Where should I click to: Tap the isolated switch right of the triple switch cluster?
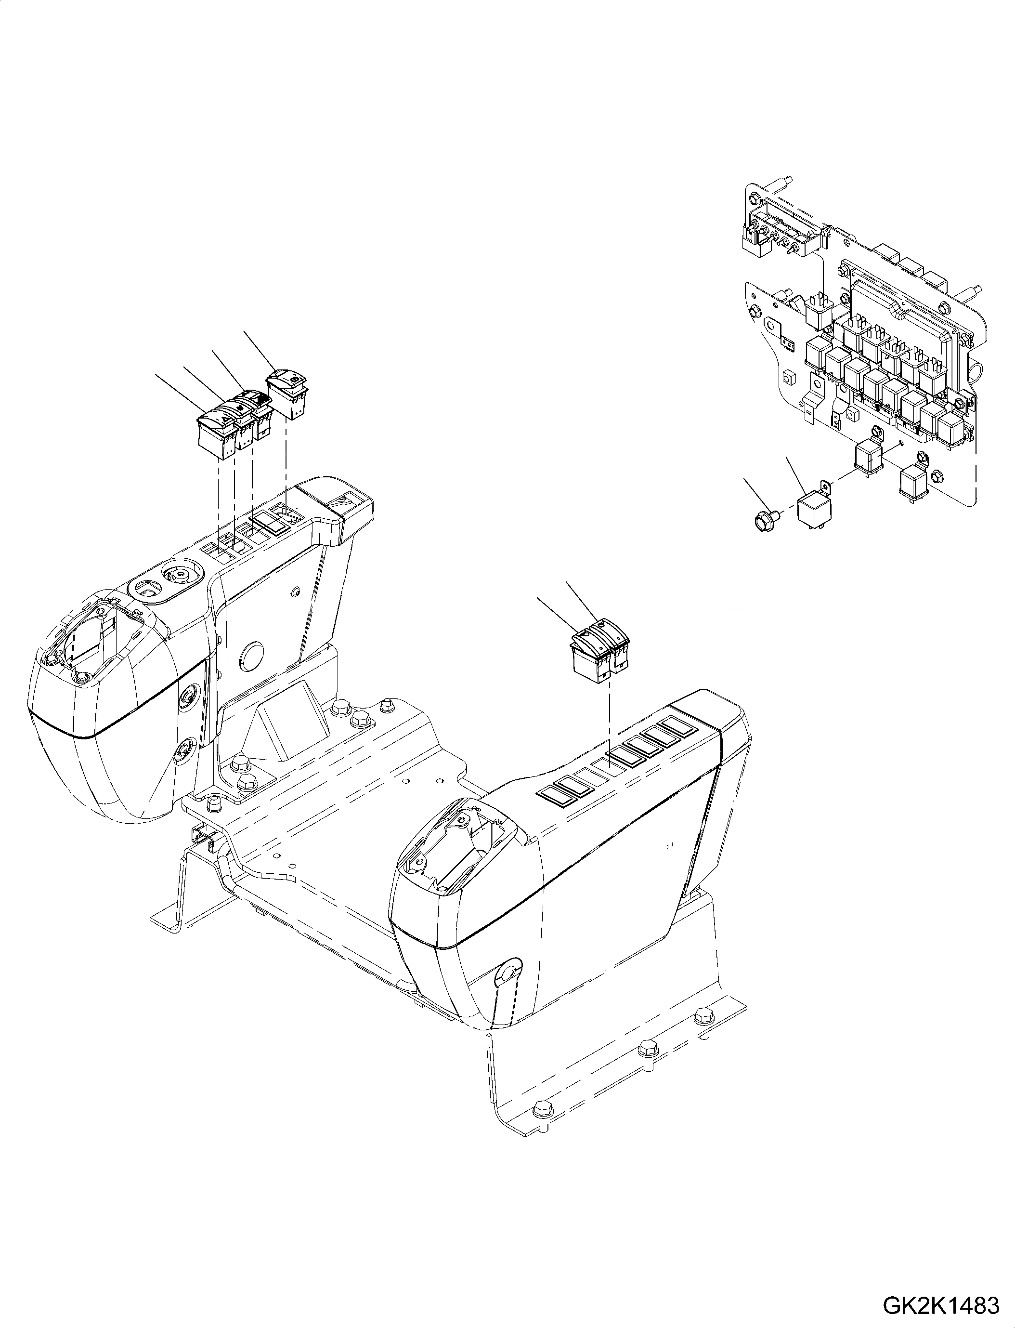(287, 393)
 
